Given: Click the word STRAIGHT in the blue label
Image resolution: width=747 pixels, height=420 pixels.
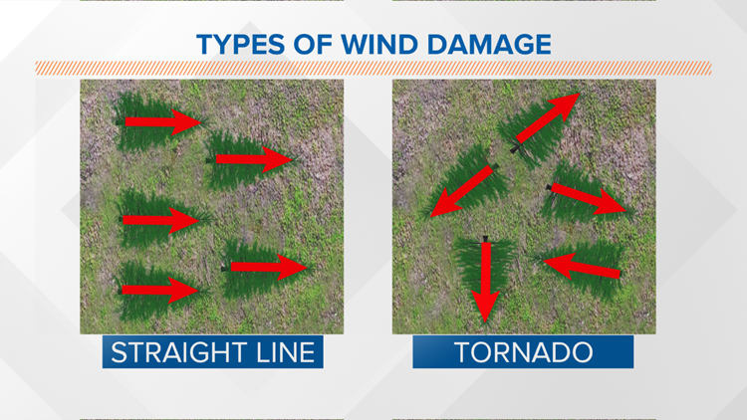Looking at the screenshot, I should pyautogui.click(x=174, y=352).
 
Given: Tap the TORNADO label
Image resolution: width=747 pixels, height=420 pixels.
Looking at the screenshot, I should pyautogui.click(x=523, y=352).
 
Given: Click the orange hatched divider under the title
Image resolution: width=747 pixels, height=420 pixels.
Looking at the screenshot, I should pyautogui.click(x=373, y=68).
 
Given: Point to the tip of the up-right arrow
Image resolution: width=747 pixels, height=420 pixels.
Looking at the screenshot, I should pyautogui.click(x=580, y=96).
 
